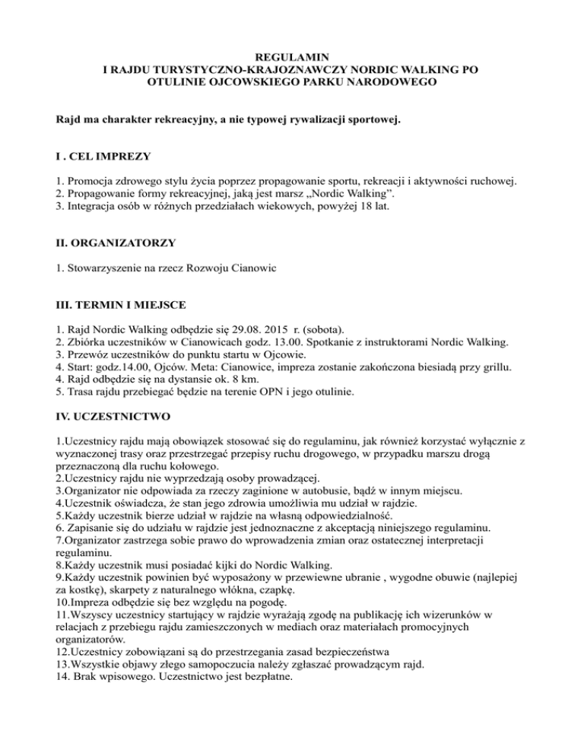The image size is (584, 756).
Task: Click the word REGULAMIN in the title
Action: pyautogui.click(x=291, y=56)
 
